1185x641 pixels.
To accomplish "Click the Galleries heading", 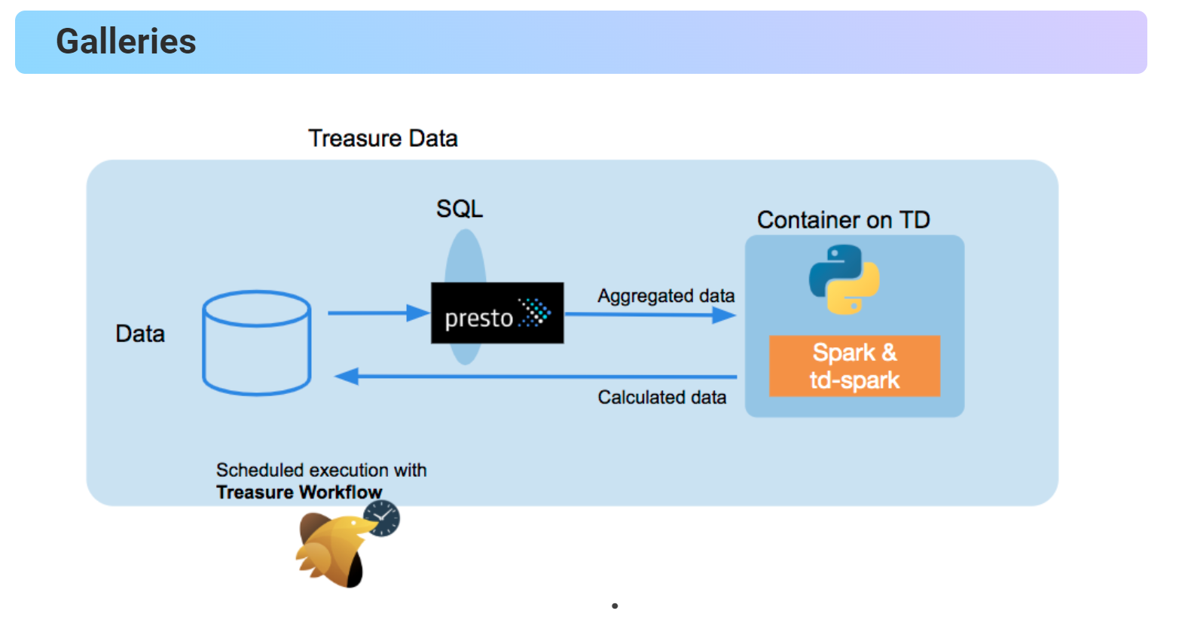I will (x=126, y=41).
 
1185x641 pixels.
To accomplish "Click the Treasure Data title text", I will (x=383, y=139).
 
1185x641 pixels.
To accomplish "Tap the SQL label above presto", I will (x=459, y=209).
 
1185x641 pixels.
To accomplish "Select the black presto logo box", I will (x=496, y=313).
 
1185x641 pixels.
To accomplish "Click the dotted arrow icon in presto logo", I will (x=536, y=313).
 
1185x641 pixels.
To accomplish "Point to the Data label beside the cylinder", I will (x=140, y=334).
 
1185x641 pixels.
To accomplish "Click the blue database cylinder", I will (x=256, y=343).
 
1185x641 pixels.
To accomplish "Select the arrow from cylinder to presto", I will (x=377, y=313).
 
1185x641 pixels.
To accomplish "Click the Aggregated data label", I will (x=666, y=296).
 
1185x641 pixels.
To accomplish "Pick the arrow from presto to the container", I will (x=648, y=315).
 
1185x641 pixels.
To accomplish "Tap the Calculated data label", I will (x=661, y=397).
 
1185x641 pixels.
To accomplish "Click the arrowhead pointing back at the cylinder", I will (x=347, y=376).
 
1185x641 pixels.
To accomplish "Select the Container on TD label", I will (x=843, y=220).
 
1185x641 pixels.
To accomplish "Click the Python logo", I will (x=844, y=279).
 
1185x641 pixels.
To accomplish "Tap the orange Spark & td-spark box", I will (x=854, y=366).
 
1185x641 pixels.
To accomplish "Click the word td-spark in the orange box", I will (x=854, y=380).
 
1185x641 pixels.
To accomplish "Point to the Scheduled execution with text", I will (x=321, y=470).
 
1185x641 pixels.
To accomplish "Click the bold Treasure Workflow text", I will (x=299, y=492).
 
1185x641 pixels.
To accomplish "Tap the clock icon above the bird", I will (x=382, y=518).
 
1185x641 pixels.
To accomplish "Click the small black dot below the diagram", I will (x=615, y=606).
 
